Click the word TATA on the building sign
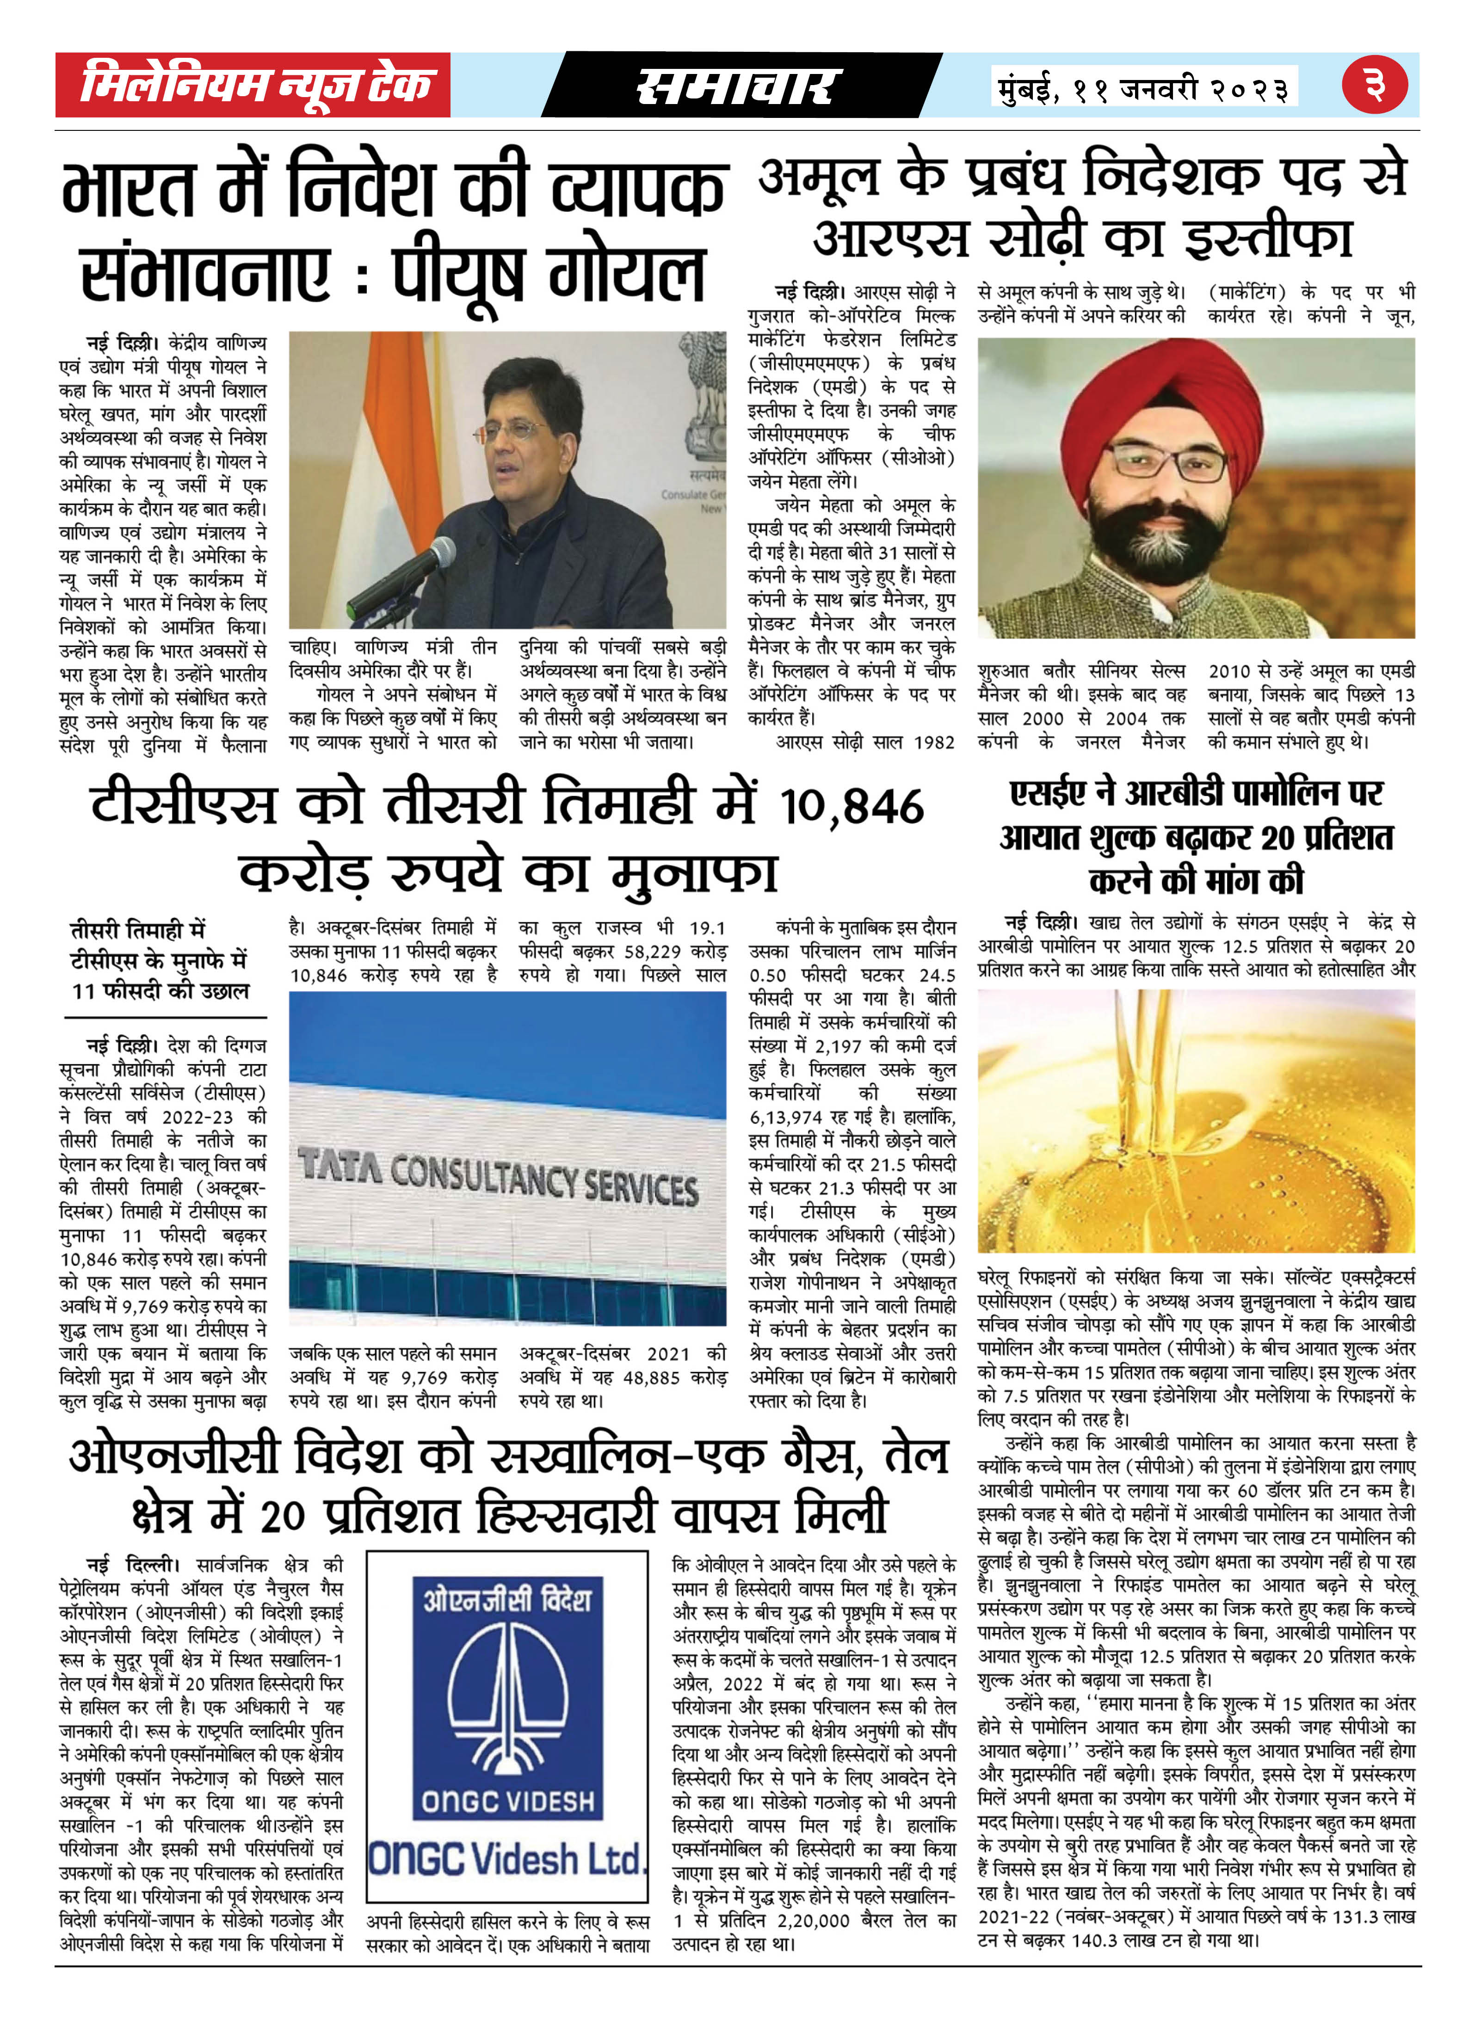click(340, 1165)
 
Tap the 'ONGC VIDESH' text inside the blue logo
click(506, 1801)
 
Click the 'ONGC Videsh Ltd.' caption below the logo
click(506, 1859)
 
